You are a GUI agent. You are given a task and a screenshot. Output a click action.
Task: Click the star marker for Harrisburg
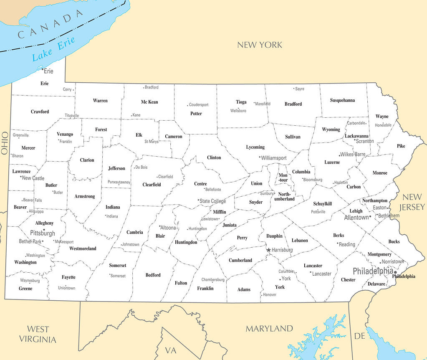pyautogui.click(x=268, y=250)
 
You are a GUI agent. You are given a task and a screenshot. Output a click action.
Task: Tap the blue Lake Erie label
pyautogui.click(x=54, y=49)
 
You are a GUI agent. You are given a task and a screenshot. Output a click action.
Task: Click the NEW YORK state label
pyautogui.click(x=260, y=45)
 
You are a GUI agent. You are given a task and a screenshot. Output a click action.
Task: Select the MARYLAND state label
pyautogui.click(x=269, y=328)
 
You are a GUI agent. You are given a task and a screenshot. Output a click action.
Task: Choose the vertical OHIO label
pyautogui.click(x=5, y=143)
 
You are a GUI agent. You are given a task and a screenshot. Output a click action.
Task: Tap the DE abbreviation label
pyautogui.click(x=359, y=336)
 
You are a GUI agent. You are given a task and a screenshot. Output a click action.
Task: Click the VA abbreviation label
pyautogui.click(x=170, y=350)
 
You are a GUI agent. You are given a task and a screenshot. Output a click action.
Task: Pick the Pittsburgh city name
pyautogui.click(x=43, y=233)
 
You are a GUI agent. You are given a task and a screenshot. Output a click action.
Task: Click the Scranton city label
pyautogui.click(x=364, y=141)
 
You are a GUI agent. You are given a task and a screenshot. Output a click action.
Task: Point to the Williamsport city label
pyautogui.click(x=274, y=158)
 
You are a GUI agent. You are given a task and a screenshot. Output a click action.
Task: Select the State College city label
pyautogui.click(x=212, y=201)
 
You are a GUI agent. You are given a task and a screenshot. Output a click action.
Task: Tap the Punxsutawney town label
pyautogui.click(x=119, y=182)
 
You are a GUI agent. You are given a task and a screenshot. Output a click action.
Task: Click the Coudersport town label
pyautogui.click(x=199, y=105)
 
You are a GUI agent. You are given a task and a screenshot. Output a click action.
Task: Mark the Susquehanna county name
pyautogui.click(x=342, y=100)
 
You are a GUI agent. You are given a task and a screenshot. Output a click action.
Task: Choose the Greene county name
pyautogui.click(x=25, y=289)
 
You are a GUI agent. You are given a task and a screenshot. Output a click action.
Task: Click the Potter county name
pyautogui.click(x=196, y=114)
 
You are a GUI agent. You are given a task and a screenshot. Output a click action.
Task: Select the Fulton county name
pyautogui.click(x=181, y=283)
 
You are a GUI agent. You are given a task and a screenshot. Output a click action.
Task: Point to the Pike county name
pyautogui.click(x=401, y=146)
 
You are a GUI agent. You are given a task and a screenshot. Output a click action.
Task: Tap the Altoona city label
pyautogui.click(x=168, y=228)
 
